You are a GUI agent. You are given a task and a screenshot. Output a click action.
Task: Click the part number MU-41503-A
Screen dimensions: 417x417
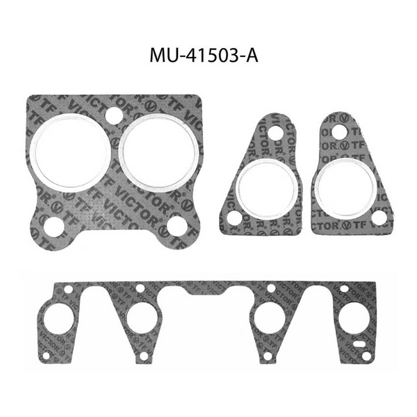pos(203,55)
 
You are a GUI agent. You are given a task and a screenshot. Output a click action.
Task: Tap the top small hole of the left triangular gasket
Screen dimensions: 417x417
pos(276,132)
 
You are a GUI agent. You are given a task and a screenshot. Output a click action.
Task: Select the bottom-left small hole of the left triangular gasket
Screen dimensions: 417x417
pos(234,218)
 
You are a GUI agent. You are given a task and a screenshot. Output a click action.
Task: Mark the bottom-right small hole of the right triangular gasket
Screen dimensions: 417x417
pos(379,218)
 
